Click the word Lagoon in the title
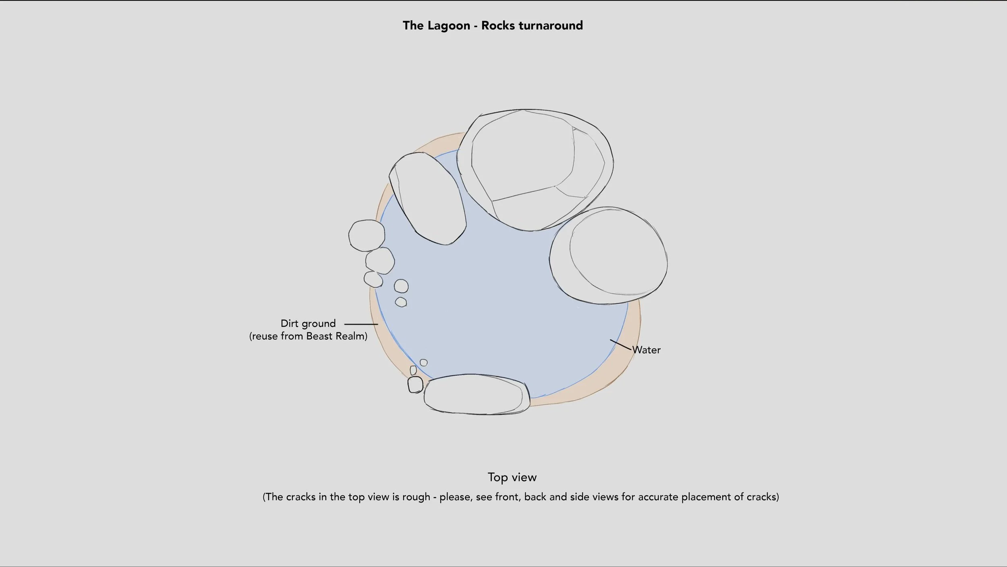(x=449, y=26)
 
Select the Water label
(x=646, y=350)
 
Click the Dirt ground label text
(x=308, y=324)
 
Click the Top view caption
(x=512, y=477)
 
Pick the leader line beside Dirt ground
(x=361, y=324)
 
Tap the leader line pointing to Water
(x=620, y=345)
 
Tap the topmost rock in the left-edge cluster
(x=367, y=235)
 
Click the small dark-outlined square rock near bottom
(x=415, y=385)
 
